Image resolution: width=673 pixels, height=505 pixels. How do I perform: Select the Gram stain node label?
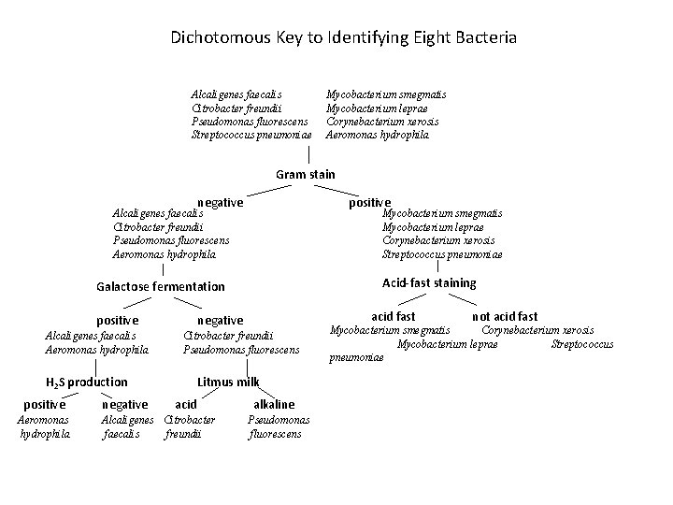306,174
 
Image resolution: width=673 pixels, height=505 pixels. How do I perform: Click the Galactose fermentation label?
161,286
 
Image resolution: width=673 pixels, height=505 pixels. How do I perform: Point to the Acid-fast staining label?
429,282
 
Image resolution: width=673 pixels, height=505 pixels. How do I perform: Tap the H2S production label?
87,382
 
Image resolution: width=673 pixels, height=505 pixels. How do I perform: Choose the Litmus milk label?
229,382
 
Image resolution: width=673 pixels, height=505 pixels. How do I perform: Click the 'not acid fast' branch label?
505,317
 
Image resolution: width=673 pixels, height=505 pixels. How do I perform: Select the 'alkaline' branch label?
274,404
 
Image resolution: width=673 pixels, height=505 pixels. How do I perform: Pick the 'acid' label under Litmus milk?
187,404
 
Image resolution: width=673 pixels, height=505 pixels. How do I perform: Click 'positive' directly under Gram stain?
370,202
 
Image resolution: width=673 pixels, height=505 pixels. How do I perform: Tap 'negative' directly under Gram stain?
221,202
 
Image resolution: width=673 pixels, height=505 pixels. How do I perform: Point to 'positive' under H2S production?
44,404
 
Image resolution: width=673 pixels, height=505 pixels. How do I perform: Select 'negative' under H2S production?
124,404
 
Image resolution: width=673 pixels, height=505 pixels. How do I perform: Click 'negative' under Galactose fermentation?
221,320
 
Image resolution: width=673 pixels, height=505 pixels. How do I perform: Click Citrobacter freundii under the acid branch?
190,426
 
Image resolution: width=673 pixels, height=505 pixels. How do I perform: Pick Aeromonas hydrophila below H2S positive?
45,426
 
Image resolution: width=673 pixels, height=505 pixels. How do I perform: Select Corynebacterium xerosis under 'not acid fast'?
537,330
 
